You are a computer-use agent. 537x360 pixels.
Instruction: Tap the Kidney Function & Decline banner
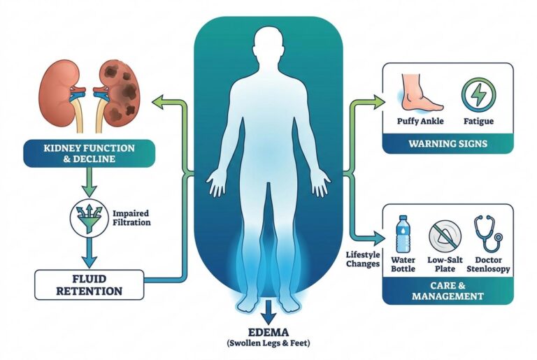pyautogui.click(x=89, y=154)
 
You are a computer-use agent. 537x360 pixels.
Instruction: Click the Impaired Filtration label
pyautogui.click(x=131, y=218)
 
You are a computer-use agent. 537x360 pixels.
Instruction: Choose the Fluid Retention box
pyautogui.click(x=89, y=285)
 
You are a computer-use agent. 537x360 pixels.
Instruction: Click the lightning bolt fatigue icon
pyautogui.click(x=478, y=94)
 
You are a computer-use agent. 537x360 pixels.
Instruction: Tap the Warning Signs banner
pyautogui.click(x=448, y=143)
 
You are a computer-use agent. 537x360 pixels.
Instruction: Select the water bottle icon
pyautogui.click(x=403, y=234)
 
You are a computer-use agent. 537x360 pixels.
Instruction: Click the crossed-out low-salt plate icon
pyautogui.click(x=445, y=237)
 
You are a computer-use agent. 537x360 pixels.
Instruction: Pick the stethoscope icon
pyautogui.click(x=487, y=233)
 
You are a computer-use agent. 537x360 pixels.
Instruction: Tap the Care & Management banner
pyautogui.click(x=448, y=291)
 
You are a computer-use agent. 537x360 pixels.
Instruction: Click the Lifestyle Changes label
pyautogui.click(x=363, y=259)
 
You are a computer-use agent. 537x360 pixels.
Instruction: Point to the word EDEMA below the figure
pyautogui.click(x=268, y=332)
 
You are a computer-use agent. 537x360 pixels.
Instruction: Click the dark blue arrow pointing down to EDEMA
pyautogui.click(x=268, y=312)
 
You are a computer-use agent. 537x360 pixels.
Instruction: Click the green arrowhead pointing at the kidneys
pyautogui.click(x=158, y=102)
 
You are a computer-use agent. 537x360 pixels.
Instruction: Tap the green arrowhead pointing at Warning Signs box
pyautogui.click(x=378, y=102)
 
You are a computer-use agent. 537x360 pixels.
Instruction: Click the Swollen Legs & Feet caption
pyautogui.click(x=268, y=343)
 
